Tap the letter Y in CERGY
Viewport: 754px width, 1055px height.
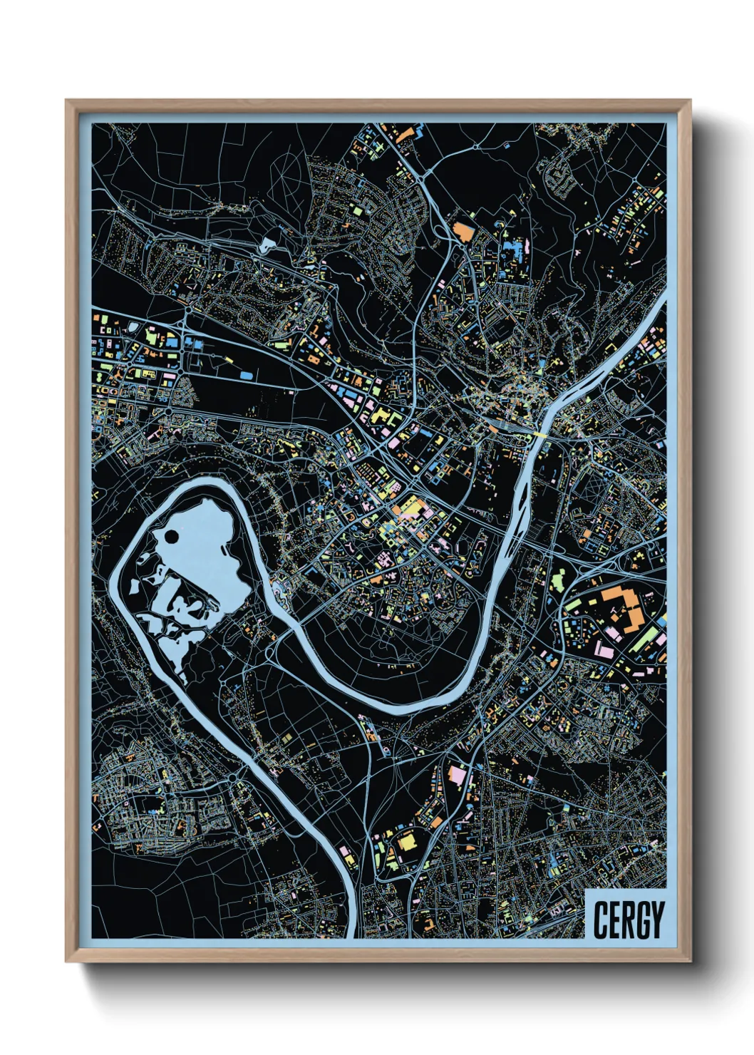pos(656,920)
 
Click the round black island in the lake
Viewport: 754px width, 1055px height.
pos(171,537)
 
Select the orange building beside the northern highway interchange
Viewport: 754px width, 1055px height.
pos(463,232)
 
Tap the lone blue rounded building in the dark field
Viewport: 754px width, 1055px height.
pos(246,374)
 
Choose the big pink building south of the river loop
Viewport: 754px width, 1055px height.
pos(457,774)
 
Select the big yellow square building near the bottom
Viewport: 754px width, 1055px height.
pos(407,841)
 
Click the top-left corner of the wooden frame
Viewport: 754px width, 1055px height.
pos(66,101)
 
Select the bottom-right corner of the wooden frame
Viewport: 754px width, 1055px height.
pos(690,961)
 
